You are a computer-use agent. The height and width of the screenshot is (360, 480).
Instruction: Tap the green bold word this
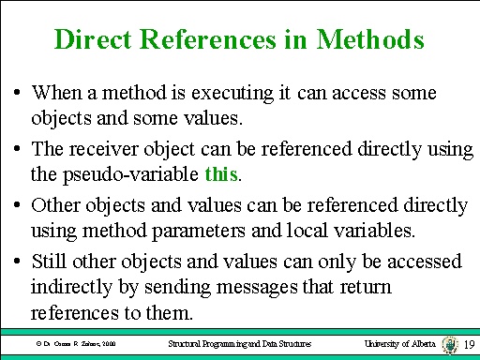point(221,173)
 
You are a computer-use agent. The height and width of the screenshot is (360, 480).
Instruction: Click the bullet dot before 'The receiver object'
point(18,150)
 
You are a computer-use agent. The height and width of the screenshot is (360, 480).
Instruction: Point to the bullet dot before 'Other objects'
point(18,205)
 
